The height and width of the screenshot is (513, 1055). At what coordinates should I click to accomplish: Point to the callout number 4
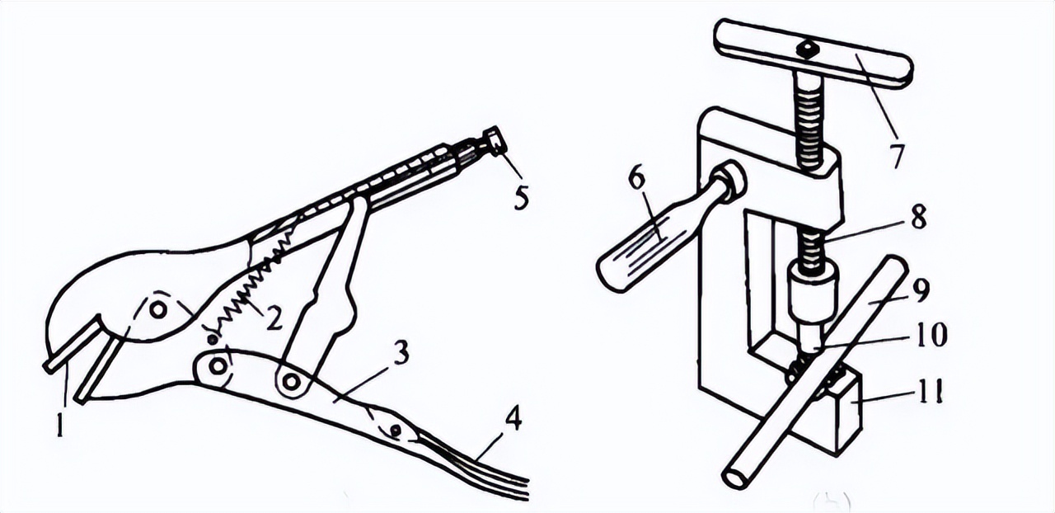pos(513,420)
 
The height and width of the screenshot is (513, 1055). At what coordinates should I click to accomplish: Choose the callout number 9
pos(921,292)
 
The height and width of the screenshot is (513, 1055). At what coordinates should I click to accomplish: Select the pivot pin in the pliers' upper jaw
pos(157,308)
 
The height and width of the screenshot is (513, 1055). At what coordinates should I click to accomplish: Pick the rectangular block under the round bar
pos(841,412)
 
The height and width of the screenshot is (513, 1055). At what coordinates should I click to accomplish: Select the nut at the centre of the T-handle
pos(807,49)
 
